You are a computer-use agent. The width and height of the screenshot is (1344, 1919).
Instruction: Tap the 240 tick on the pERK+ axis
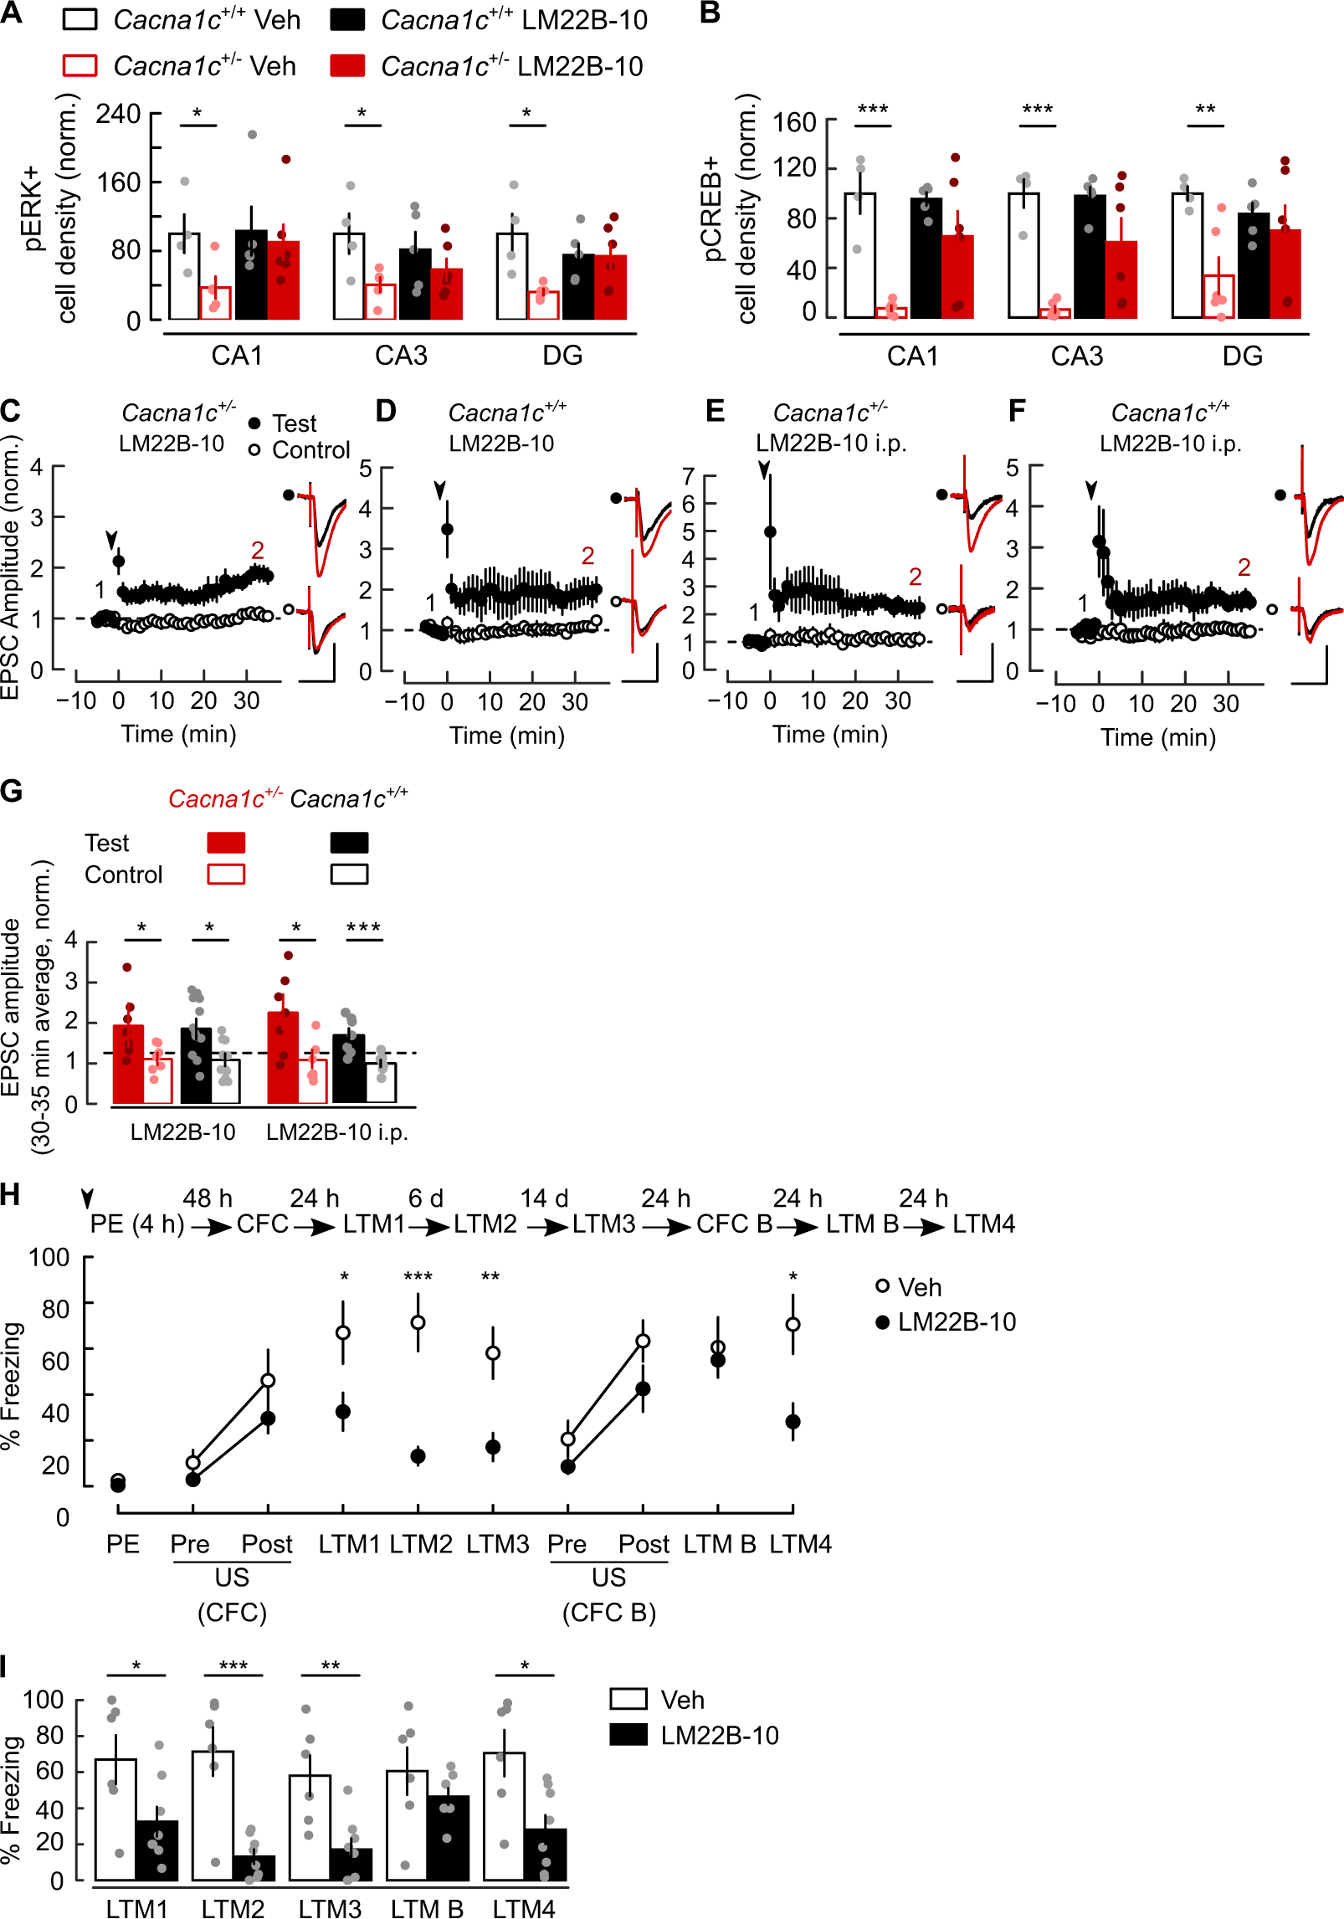click(118, 114)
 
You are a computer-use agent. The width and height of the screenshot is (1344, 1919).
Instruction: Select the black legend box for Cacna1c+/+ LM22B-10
click(347, 20)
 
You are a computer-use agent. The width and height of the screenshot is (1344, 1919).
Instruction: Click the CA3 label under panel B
click(1076, 356)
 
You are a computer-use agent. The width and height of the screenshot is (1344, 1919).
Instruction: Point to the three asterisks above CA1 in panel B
click(873, 110)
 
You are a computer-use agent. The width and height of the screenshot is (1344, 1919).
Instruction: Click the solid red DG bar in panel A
click(610, 287)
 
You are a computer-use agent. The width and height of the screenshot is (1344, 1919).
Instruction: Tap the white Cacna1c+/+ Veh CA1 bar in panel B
click(859, 255)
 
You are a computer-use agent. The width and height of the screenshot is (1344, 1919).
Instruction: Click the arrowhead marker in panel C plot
click(111, 540)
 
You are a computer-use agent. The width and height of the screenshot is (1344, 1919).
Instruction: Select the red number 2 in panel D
click(587, 556)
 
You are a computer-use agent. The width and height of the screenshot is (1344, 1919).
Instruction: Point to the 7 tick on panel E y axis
click(688, 477)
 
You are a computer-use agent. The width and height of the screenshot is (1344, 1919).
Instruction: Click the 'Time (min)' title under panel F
click(1157, 737)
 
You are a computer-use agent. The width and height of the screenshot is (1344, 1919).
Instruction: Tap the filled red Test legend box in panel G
click(226, 842)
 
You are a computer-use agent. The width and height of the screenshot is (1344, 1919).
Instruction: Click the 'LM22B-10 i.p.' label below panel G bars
click(336, 1132)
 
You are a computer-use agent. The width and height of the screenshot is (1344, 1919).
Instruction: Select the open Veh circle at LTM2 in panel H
click(418, 1322)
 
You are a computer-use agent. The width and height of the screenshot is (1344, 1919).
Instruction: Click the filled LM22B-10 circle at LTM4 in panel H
click(793, 1422)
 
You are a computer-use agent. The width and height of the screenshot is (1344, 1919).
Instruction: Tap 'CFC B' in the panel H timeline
click(734, 1224)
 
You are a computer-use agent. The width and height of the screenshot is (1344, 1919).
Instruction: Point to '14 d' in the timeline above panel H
click(544, 1198)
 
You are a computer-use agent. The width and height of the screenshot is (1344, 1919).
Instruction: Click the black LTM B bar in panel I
click(448, 1837)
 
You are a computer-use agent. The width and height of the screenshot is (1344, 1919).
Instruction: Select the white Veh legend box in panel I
click(628, 1699)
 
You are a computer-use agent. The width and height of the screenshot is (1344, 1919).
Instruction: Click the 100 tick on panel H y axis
click(49, 1257)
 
